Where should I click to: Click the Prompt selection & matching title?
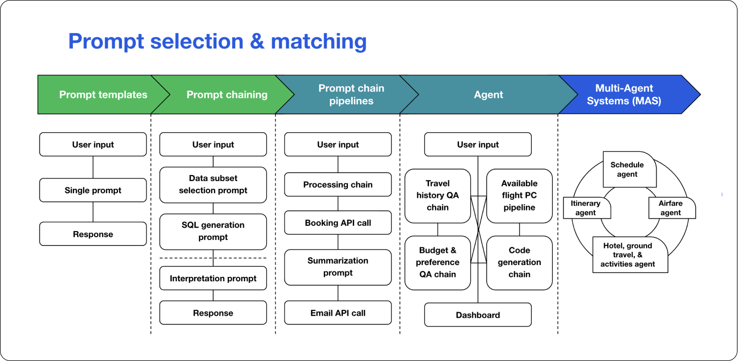217,41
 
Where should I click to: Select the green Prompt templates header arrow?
103,94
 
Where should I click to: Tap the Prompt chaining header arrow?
227,94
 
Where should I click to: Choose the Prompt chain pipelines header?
351,94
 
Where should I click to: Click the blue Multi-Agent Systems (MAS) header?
624,94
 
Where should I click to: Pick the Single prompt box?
93,190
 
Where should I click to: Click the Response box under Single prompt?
93,234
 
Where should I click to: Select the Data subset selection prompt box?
213,184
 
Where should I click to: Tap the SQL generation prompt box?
213,231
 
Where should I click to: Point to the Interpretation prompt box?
213,278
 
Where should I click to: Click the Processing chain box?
338,184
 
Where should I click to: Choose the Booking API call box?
338,223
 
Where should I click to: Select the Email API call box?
338,313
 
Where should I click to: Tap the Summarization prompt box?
338,267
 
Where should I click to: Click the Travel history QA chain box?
437,195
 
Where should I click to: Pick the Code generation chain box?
519,262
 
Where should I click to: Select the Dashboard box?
478,315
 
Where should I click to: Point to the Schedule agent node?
627,170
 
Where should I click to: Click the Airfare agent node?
671,208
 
